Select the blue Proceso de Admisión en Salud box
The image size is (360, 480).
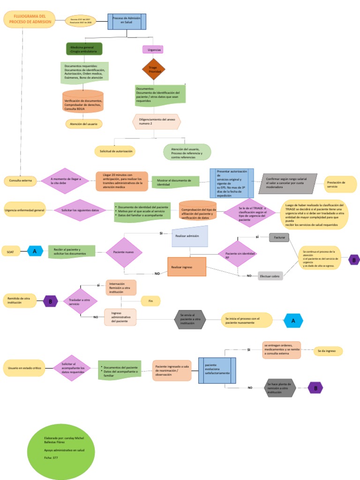127,21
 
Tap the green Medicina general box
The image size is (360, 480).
84,48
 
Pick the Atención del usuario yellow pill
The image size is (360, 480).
84,124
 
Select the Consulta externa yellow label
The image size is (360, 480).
20,180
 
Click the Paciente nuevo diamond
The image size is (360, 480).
124,252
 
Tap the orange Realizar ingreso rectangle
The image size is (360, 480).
187,267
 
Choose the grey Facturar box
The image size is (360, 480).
279,238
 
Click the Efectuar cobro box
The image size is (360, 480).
270,276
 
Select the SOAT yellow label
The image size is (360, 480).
11,252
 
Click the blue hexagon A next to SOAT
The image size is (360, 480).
35,251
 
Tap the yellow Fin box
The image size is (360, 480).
150,300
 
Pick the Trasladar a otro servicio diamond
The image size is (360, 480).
80,301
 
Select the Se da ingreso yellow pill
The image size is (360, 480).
328,351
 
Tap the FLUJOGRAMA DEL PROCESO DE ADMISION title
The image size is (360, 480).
30,19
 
